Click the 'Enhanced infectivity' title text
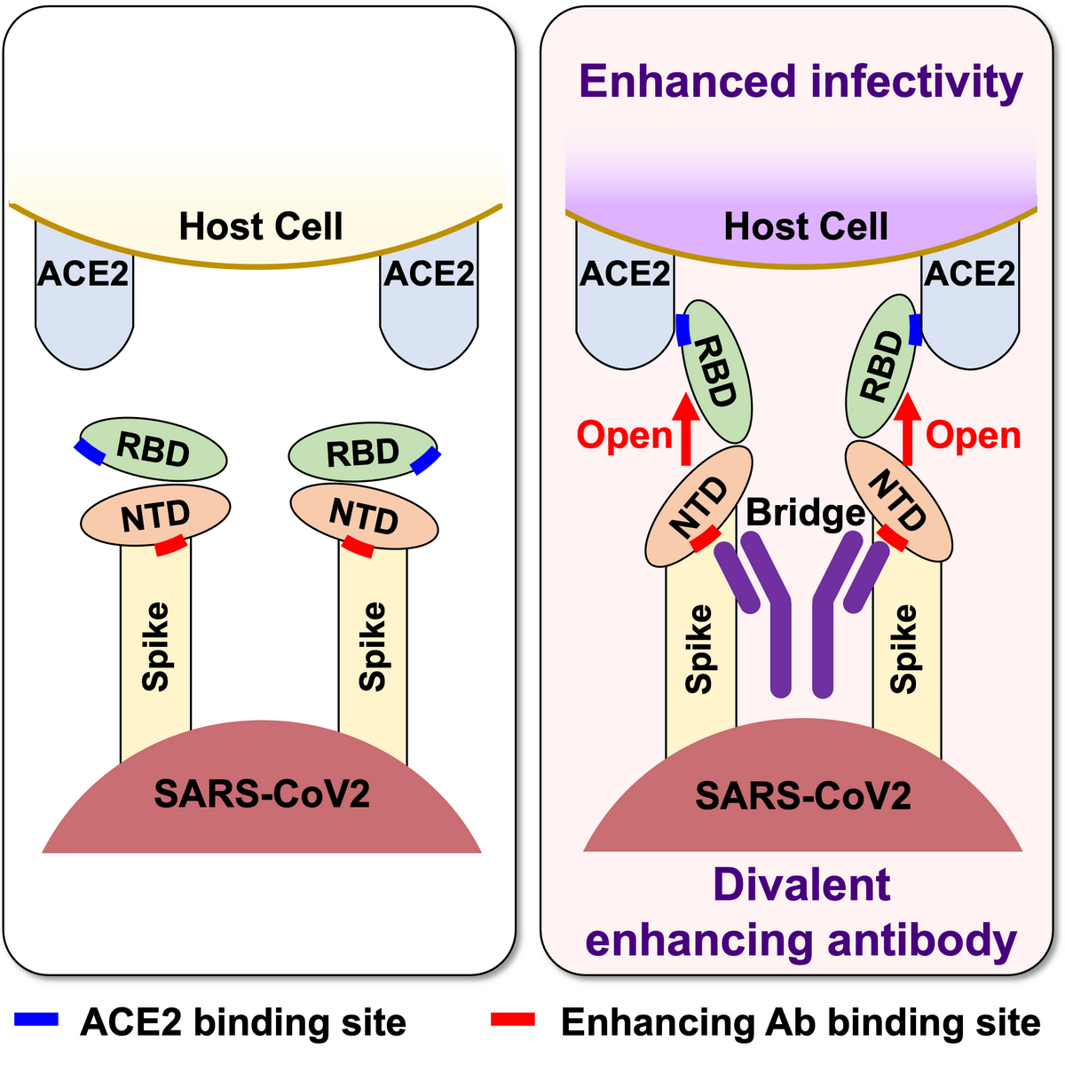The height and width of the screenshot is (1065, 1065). coord(801,82)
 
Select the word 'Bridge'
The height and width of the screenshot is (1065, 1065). coord(805,512)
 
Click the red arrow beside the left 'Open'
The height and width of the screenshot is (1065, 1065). coord(684,430)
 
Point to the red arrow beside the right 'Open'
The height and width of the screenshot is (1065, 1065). coord(908,430)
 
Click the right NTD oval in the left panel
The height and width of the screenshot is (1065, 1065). coord(364,517)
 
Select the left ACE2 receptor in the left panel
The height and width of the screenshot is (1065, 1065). coord(84,302)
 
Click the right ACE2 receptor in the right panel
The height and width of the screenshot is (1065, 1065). coord(969,302)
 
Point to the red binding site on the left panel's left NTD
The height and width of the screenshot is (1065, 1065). coord(170,546)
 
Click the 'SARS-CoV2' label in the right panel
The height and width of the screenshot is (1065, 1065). coord(803,795)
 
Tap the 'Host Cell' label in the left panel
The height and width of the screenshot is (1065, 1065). coord(261,226)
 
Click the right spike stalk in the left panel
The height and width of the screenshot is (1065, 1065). coord(373,648)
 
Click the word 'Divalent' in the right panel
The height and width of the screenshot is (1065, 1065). coord(801,885)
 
